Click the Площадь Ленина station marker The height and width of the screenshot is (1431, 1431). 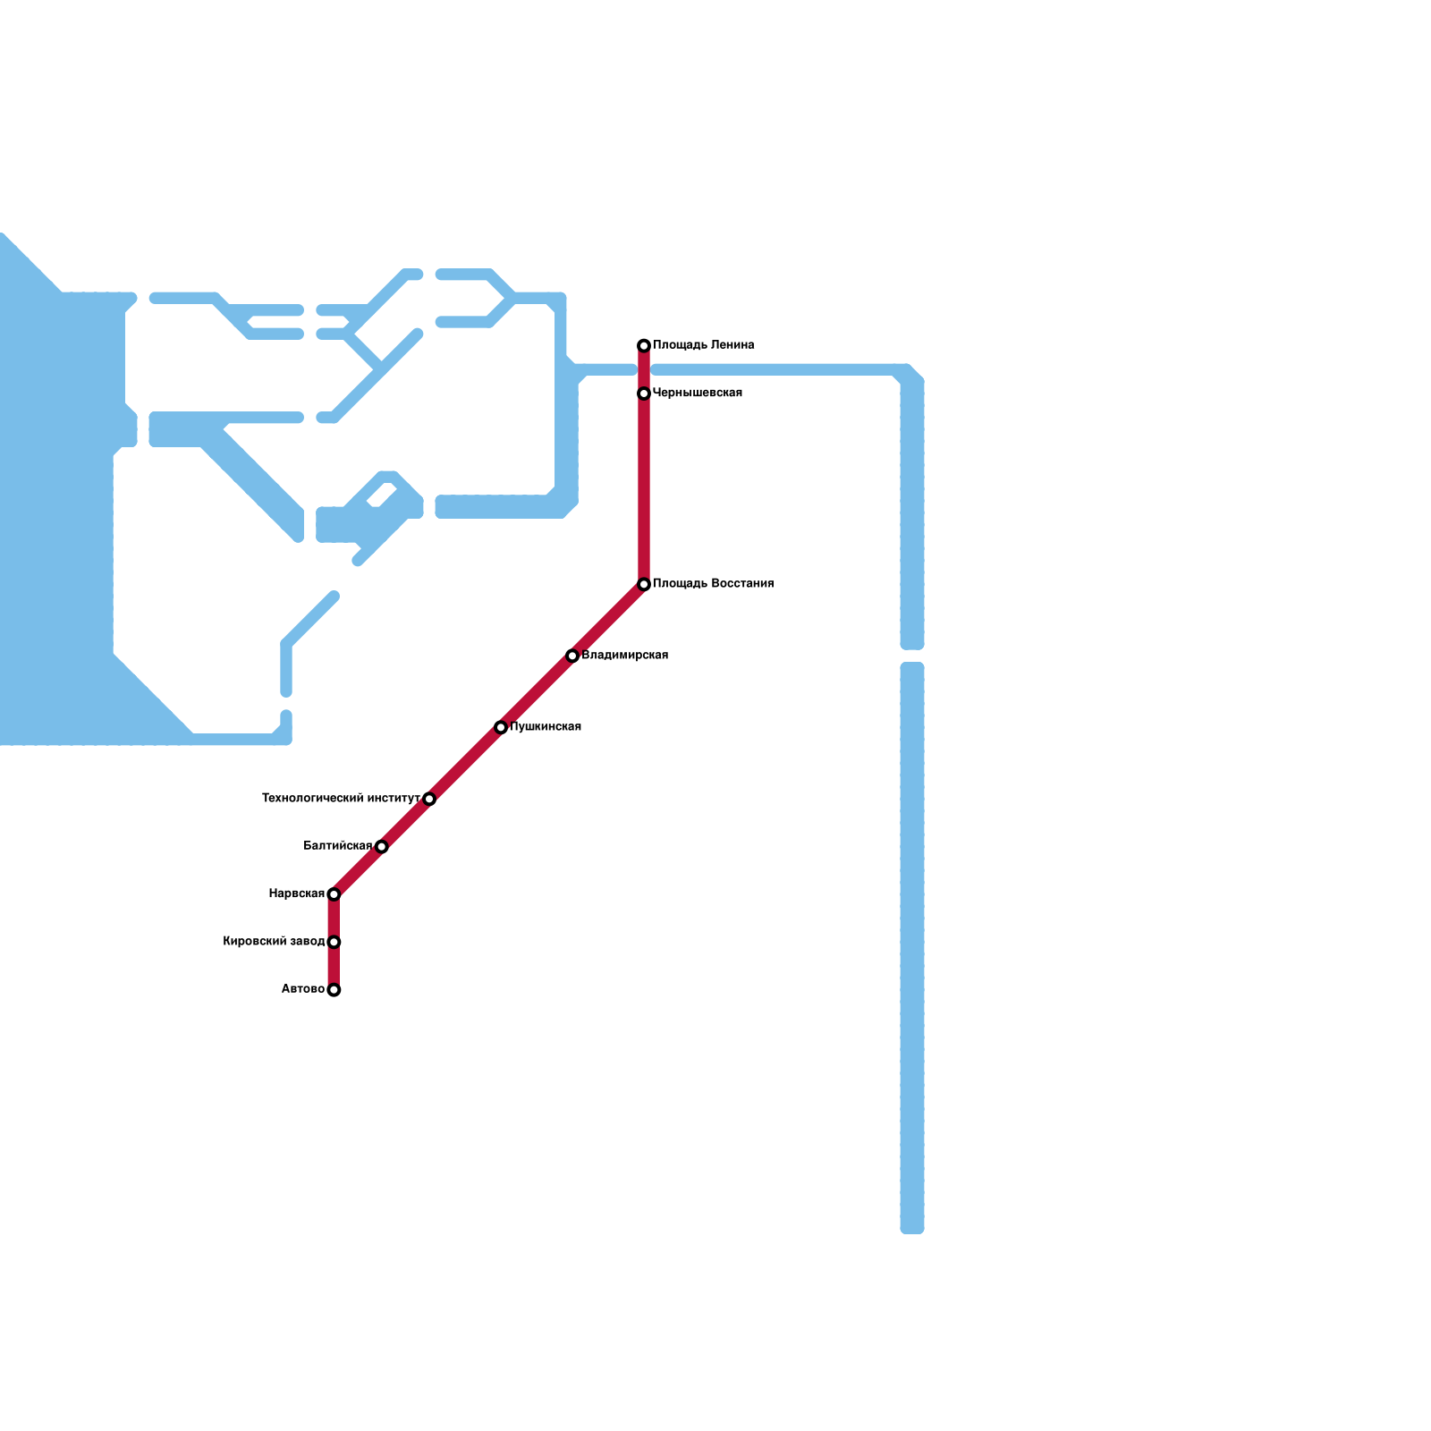(644, 345)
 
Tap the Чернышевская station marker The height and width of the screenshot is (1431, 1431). (644, 394)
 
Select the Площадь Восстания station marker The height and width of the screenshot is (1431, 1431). (644, 584)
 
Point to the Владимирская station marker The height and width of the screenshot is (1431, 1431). (572, 656)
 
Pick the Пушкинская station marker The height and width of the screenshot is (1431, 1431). (501, 727)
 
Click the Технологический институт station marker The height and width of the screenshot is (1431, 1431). (429, 799)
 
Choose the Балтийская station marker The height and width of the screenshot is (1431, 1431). (382, 846)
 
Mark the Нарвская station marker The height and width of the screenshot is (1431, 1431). (334, 894)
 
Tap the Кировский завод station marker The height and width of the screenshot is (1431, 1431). (334, 942)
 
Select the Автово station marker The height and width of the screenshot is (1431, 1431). (334, 990)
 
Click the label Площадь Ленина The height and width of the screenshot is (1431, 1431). (703, 345)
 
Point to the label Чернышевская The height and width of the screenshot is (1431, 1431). (698, 394)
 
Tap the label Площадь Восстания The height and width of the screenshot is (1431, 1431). (713, 584)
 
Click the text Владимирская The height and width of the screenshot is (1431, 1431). (624, 656)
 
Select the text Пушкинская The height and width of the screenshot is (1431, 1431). (546, 727)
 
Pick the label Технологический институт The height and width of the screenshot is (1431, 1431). (341, 799)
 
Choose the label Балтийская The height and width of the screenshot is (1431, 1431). (338, 846)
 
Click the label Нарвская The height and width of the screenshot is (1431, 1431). (297, 894)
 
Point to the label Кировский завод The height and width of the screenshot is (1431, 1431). (274, 942)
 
